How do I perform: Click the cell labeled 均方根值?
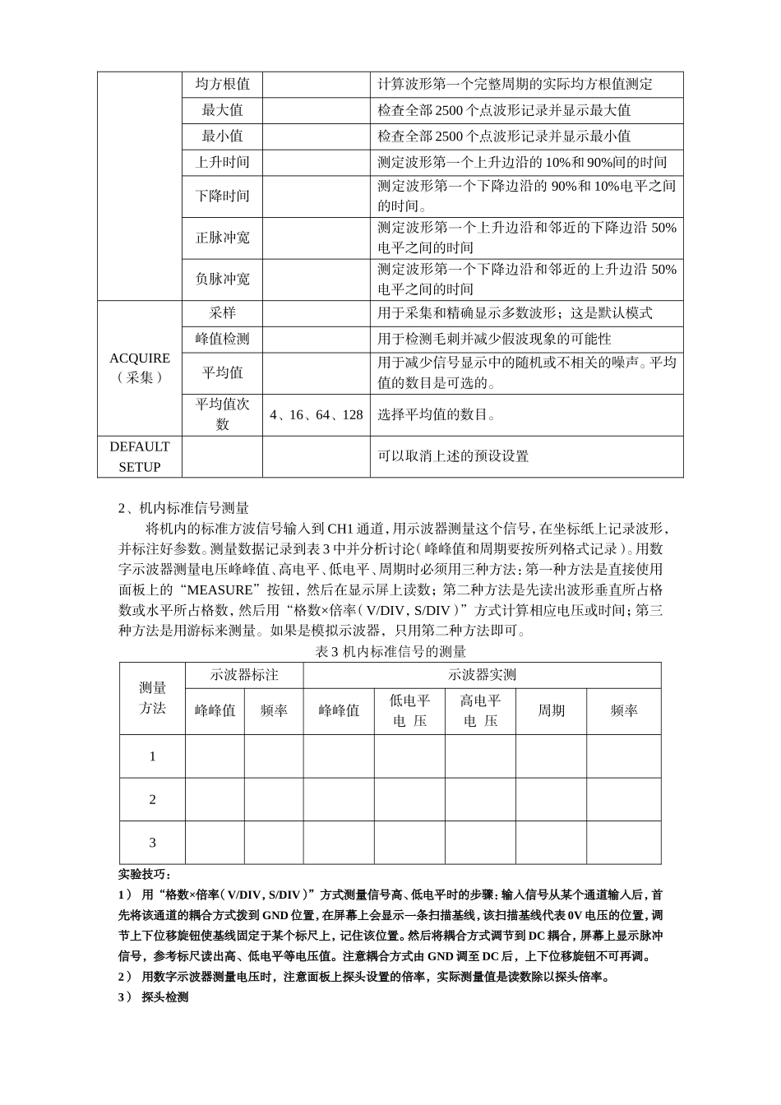pyautogui.click(x=222, y=84)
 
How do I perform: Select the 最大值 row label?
pyautogui.click(x=222, y=110)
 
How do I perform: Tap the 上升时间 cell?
pyautogui.click(x=222, y=162)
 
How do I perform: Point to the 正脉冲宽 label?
pyautogui.click(x=222, y=238)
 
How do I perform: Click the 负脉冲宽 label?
pyautogui.click(x=222, y=279)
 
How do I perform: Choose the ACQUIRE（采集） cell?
pyautogui.click(x=140, y=368)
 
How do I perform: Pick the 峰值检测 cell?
pyautogui.click(x=222, y=339)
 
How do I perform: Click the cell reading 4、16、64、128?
pyautogui.click(x=316, y=414)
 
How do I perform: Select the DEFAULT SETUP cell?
pyautogui.click(x=140, y=456)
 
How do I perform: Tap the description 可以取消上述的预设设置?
pyautogui.click(x=453, y=456)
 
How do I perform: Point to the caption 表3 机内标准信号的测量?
pyautogui.click(x=390, y=651)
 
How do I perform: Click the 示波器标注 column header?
pyautogui.click(x=244, y=675)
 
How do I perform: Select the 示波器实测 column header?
pyautogui.click(x=482, y=675)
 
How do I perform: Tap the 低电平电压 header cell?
pyautogui.click(x=409, y=710)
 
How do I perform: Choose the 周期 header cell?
pyautogui.click(x=551, y=710)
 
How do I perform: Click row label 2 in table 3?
pyautogui.click(x=152, y=799)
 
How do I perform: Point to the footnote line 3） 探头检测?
pyautogui.click(x=154, y=997)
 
